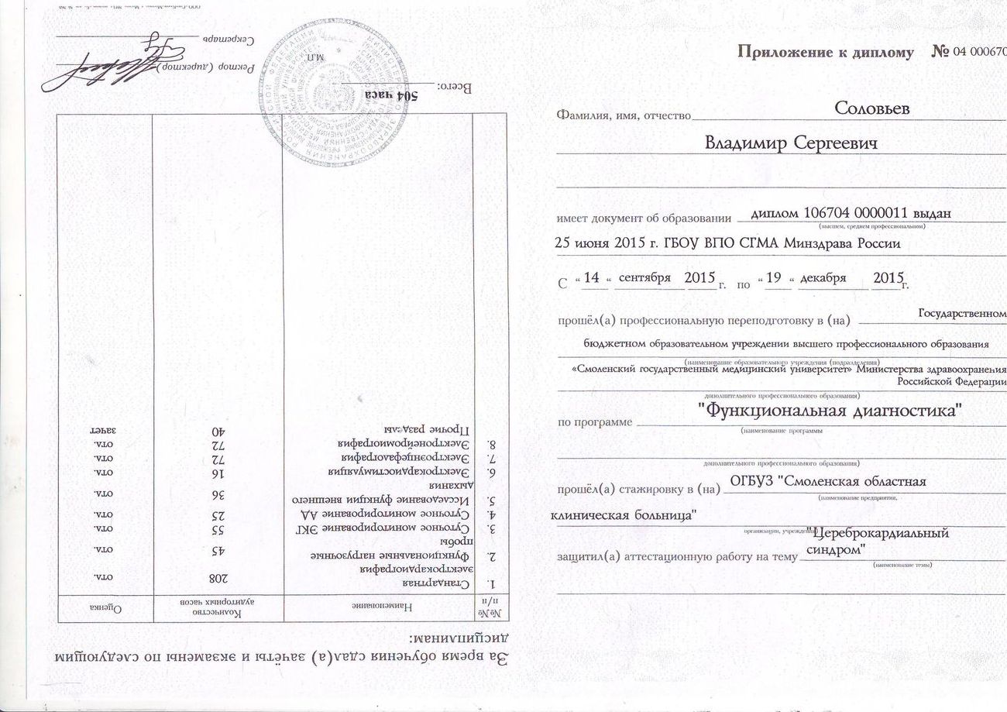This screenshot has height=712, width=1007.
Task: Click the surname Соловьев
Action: pos(871,109)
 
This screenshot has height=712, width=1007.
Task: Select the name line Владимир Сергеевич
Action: pos(791,144)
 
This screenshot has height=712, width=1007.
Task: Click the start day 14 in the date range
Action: pos(592,278)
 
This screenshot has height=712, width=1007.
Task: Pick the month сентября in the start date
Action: pos(642,278)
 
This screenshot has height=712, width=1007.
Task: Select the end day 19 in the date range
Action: pos(773,278)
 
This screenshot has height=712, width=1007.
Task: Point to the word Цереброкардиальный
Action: pos(878,533)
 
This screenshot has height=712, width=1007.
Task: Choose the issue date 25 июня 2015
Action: pos(607,243)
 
